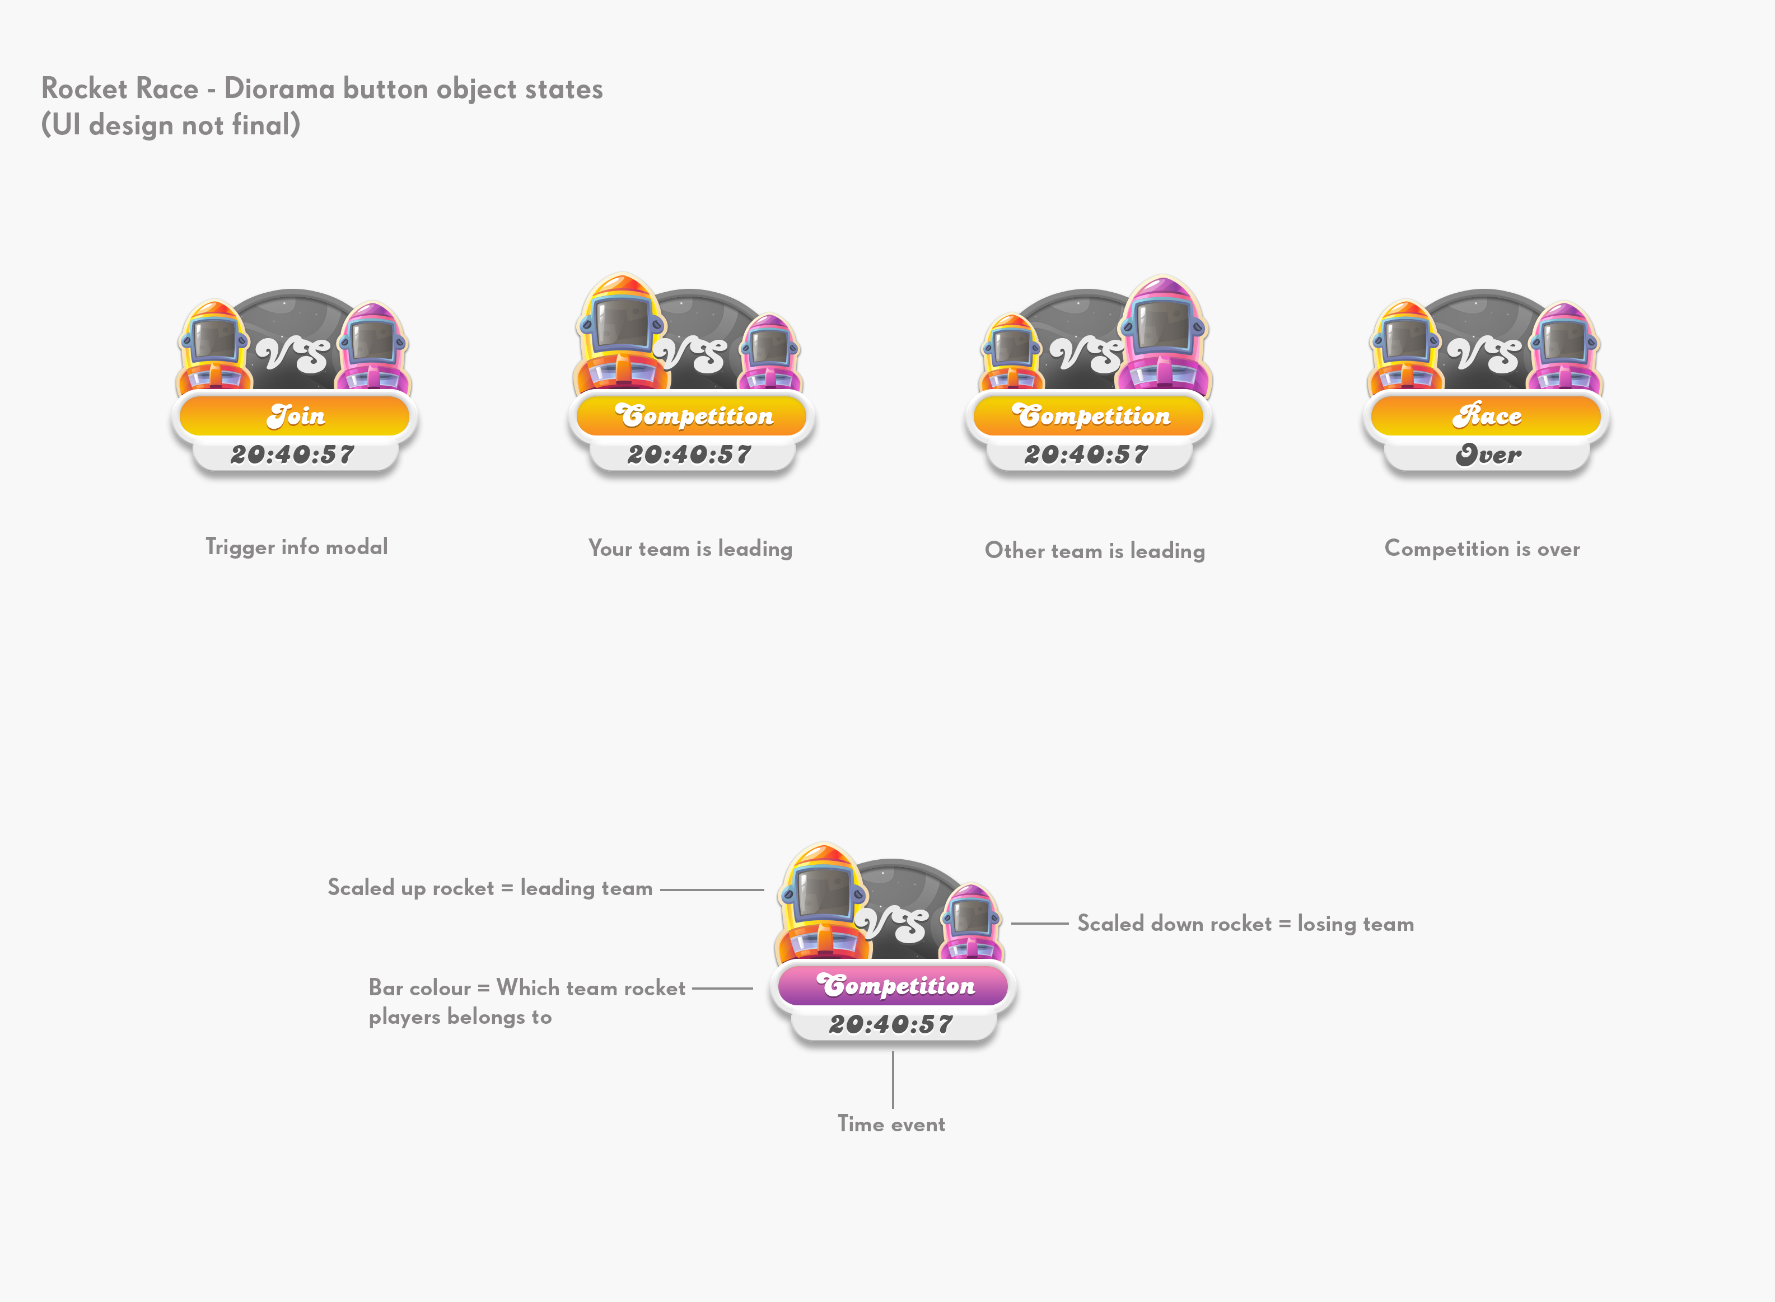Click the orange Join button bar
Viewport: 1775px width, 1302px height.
295,415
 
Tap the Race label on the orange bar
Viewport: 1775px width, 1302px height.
1487,415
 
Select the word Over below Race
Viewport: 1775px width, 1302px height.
1488,455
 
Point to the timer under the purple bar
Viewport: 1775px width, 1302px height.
891,1024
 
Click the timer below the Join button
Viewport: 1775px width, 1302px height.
292,455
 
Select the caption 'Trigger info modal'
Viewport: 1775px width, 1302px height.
296,547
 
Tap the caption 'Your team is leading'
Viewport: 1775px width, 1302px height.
690,549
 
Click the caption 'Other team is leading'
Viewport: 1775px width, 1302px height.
1095,551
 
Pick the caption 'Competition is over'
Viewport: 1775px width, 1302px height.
1482,549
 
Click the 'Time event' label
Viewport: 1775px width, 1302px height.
891,1124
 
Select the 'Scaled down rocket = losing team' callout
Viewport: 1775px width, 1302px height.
1245,924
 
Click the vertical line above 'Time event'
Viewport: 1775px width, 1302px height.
893,1080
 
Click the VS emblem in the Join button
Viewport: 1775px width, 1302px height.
292,353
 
